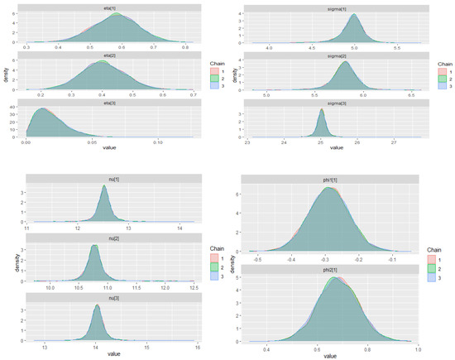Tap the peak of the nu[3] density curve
[x=98, y=306]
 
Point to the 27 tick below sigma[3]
[x=395, y=142]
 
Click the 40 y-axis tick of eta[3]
[x=20, y=107]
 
